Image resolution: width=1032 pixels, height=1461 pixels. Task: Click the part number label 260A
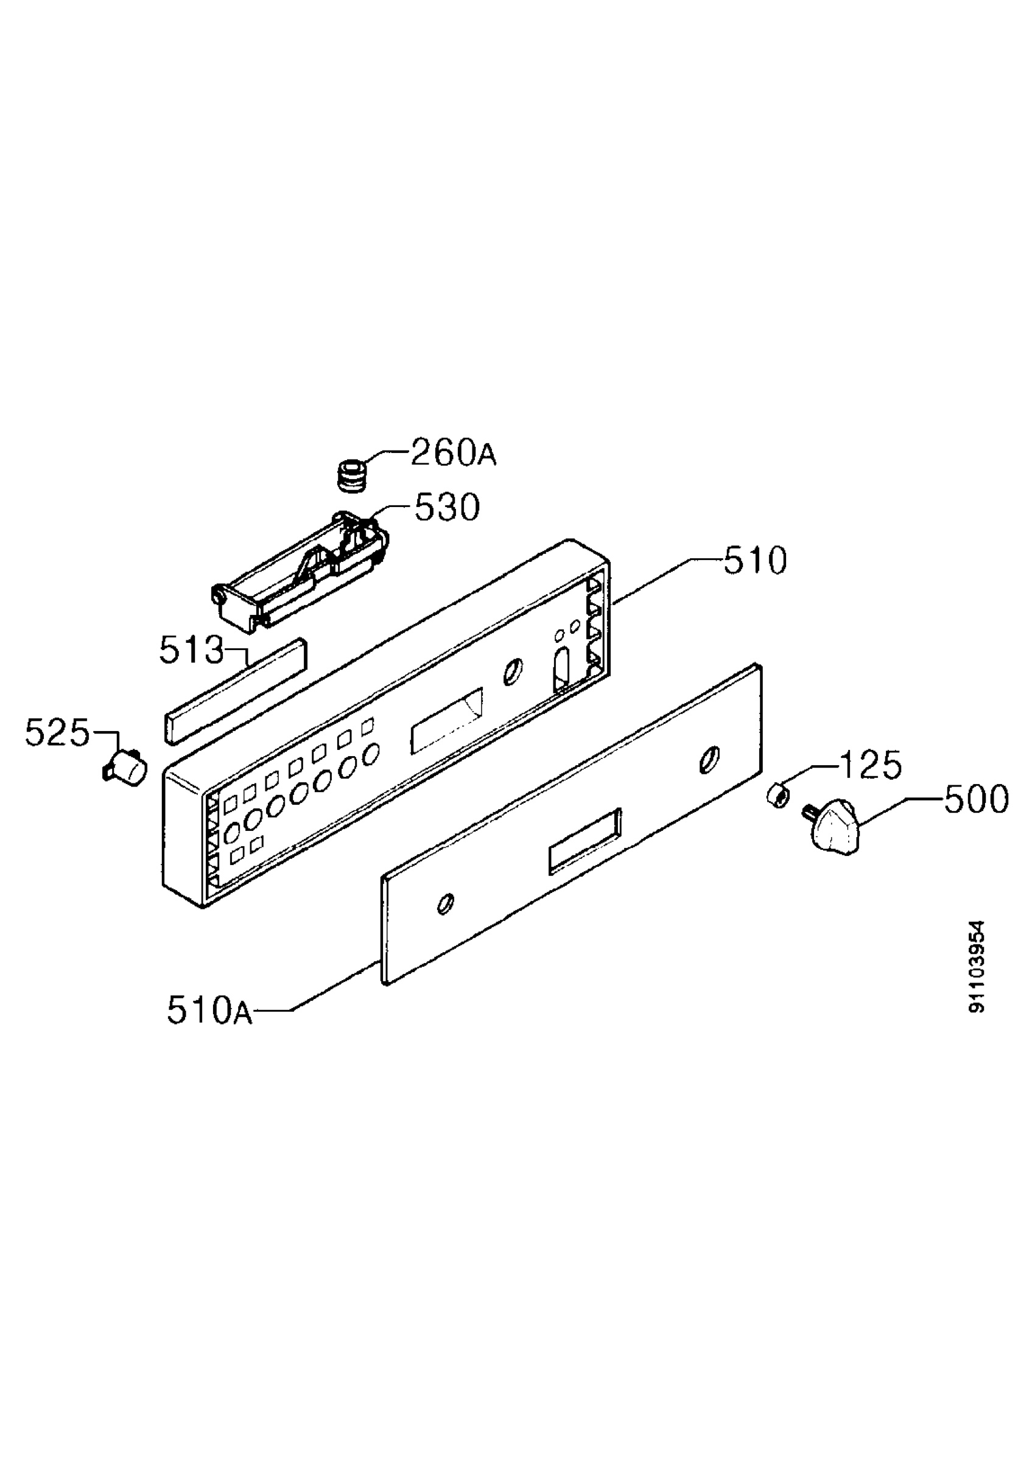453,452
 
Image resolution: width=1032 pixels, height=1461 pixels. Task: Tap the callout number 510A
210,1011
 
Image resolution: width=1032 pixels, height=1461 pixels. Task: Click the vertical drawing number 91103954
976,967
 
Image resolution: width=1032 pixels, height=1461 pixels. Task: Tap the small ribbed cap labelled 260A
352,476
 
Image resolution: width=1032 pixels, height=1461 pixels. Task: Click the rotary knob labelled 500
832,828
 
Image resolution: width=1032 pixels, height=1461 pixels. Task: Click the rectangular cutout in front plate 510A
584,841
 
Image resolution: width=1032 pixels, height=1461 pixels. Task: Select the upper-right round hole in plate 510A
709,760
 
